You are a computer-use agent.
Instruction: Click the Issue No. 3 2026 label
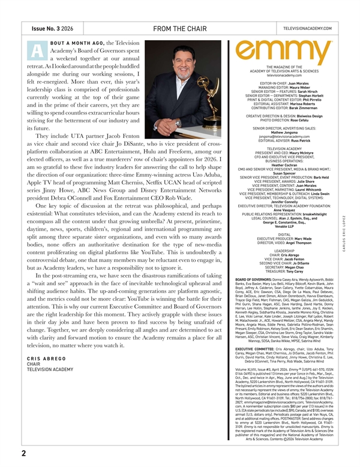point(53,28)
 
